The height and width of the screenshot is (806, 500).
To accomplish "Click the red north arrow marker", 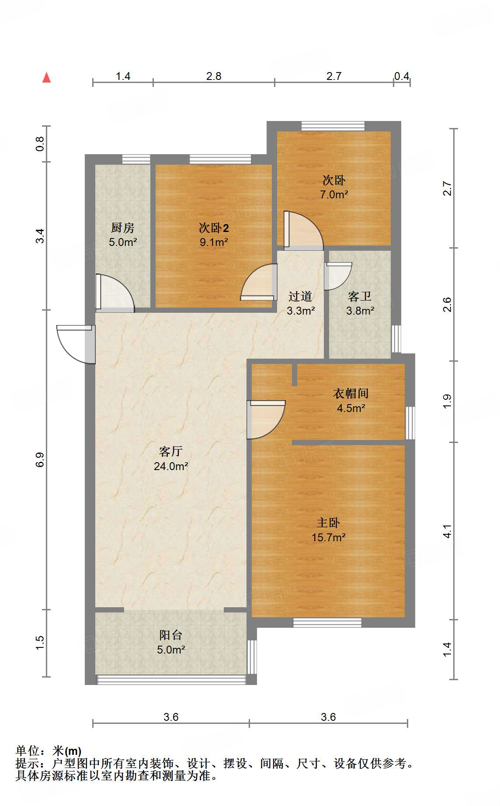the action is click(x=46, y=77).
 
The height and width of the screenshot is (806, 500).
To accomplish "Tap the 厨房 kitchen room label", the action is click(x=122, y=228).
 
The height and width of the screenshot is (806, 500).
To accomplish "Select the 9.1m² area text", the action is click(x=214, y=242).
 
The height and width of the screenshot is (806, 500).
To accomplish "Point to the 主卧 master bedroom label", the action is click(x=328, y=522).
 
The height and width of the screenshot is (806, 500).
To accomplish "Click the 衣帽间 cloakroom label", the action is click(x=351, y=393).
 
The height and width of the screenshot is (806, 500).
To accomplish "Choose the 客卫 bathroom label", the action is click(x=360, y=296).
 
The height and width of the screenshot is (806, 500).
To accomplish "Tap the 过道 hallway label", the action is click(x=300, y=296).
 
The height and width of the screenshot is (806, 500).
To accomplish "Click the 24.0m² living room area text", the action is click(x=171, y=466).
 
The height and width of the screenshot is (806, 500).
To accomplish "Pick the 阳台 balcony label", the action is click(x=170, y=635).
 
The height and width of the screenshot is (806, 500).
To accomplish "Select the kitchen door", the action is click(x=115, y=293).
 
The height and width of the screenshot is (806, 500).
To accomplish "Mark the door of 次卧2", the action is click(x=259, y=282).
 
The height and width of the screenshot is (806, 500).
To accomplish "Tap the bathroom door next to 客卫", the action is click(x=337, y=276).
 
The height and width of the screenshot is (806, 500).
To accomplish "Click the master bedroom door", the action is click(x=266, y=420).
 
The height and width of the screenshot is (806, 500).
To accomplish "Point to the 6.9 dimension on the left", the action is click(x=40, y=460).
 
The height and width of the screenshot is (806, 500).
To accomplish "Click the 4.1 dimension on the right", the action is click(x=447, y=531).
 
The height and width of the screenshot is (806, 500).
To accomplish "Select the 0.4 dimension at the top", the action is click(x=402, y=76).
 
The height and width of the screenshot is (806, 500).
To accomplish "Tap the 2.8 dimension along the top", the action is click(x=214, y=76).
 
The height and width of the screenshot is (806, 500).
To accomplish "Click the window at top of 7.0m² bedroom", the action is click(x=333, y=126).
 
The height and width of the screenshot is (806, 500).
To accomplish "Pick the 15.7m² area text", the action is click(x=329, y=537).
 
